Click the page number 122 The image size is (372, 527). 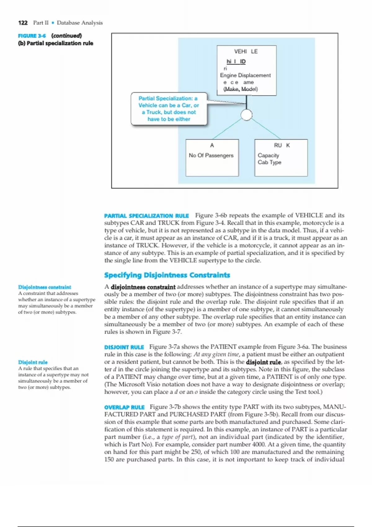coord(23,23)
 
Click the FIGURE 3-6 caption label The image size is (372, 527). coord(32,36)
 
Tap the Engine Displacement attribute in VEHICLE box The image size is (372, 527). coord(245,75)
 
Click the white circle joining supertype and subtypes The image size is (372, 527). coord(246,115)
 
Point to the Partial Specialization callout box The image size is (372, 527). coord(169,109)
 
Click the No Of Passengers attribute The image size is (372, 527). coord(211,155)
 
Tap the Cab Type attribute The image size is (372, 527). coord(269,162)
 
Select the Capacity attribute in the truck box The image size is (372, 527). coord(268,155)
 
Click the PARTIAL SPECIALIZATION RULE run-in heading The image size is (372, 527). coord(146,216)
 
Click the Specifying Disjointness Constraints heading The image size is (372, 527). coord(167,275)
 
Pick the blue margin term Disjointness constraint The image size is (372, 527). coord(44,287)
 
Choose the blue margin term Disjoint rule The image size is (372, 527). coord(33,362)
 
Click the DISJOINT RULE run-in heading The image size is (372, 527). coord(124,347)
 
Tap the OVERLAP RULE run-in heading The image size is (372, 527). coord(124,407)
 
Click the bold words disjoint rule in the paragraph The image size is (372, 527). coord(263,362)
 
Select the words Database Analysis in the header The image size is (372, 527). coord(80,23)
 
